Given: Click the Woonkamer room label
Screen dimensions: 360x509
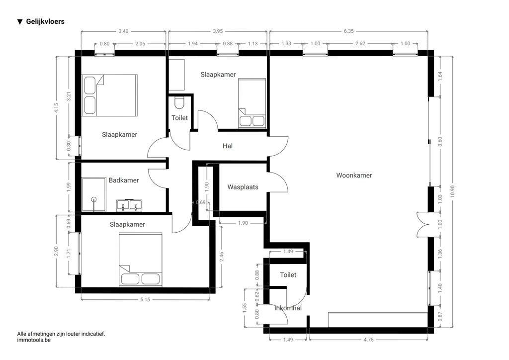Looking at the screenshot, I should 354,176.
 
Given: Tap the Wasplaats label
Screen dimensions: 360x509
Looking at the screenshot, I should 243,187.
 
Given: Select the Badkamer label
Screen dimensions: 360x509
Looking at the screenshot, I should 124,180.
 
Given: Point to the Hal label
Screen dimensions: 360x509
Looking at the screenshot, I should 228,146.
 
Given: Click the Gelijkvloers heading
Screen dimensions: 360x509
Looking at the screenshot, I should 45,21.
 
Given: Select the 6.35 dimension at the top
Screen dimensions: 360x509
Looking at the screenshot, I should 348,31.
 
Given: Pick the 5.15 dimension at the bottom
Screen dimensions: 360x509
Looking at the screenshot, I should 145,299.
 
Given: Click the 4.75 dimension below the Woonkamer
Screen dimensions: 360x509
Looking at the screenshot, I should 368,340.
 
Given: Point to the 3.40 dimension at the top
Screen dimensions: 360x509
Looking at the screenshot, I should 123,31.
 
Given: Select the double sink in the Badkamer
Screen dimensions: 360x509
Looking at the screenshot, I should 130,205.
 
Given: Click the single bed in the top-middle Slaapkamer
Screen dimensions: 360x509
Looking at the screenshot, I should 252,103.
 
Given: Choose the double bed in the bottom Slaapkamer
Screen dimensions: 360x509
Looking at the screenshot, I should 141,260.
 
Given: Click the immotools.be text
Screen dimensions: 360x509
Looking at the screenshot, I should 34,341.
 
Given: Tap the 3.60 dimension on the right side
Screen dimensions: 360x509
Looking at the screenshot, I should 439,141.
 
